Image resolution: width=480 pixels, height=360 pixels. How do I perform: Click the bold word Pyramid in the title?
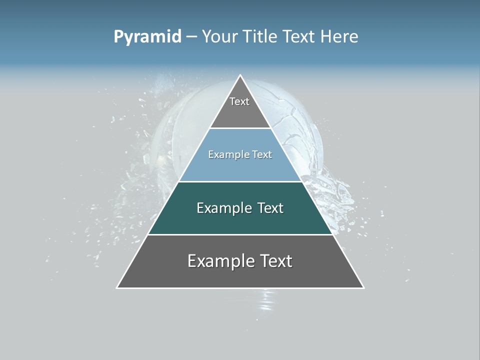point(147,37)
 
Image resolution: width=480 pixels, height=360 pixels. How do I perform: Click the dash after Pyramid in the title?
point(191,37)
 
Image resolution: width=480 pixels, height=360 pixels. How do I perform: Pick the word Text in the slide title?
point(299,37)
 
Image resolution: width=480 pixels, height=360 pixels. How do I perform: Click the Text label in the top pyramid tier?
point(239,101)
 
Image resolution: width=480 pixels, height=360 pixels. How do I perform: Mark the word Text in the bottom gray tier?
point(273,261)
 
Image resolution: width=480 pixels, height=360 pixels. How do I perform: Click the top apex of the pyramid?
point(240,75)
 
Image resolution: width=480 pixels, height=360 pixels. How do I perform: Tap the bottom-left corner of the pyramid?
point(117,287)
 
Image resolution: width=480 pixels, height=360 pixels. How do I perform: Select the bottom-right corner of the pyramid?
point(363,287)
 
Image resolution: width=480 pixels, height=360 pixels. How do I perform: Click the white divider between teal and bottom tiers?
point(240,234)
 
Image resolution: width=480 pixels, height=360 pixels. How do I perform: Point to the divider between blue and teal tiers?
point(240,181)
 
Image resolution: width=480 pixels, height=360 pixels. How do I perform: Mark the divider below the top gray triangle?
point(240,128)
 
